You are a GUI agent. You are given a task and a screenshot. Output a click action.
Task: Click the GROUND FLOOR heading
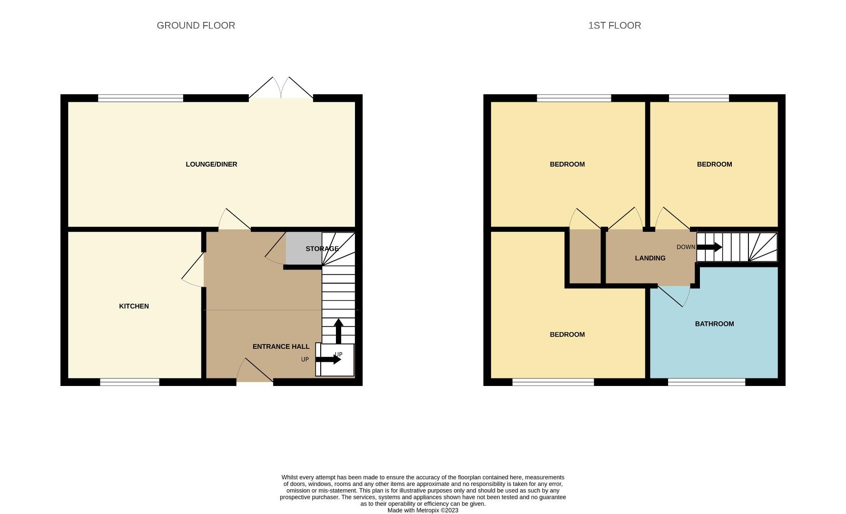(x=196, y=26)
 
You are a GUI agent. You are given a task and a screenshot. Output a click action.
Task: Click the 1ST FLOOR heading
(x=614, y=26)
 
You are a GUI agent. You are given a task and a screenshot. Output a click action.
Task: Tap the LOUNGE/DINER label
(x=211, y=164)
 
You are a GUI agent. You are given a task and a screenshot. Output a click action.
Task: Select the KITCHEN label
(x=134, y=306)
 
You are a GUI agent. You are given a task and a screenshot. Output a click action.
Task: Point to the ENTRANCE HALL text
(x=281, y=346)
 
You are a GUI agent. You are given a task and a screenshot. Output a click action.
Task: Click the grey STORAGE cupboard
(x=304, y=248)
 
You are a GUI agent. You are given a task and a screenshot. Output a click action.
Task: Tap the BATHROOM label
(x=714, y=324)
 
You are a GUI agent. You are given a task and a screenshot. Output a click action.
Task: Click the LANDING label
(x=650, y=258)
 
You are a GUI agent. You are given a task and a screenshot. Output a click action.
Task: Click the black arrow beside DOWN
(x=709, y=247)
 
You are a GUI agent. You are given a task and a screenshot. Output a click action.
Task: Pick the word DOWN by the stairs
(x=686, y=247)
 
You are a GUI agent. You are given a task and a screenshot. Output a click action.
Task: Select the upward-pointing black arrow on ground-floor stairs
(x=338, y=331)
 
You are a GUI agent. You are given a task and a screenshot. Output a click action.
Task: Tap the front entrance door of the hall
(x=255, y=371)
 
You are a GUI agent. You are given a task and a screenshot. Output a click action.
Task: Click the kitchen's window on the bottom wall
(x=129, y=382)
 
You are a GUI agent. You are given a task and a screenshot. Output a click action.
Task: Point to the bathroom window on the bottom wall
(x=707, y=382)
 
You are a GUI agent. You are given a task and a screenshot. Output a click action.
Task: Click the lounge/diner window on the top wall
(x=140, y=98)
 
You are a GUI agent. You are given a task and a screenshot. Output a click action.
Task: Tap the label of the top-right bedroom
(x=714, y=164)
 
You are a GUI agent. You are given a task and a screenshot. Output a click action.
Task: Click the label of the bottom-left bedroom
(x=567, y=335)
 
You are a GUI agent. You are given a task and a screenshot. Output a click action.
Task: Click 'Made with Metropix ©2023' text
(x=423, y=510)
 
